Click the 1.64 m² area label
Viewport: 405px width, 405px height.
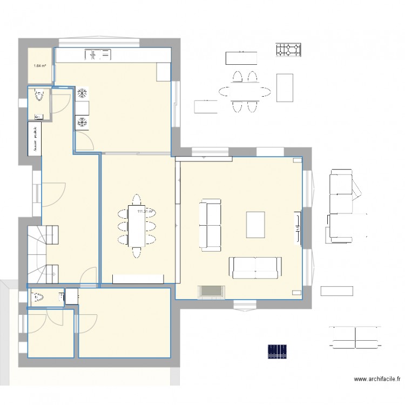pos(39,66)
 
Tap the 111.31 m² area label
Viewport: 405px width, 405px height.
pos(145,212)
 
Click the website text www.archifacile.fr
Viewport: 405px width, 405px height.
pos(379,380)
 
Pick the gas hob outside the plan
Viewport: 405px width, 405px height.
pos(289,50)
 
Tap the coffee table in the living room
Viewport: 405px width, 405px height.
pos(255,225)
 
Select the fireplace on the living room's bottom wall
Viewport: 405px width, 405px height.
pos(211,292)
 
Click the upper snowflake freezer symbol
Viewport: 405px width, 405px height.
pos(83,93)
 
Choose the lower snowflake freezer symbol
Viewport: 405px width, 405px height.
pos(83,123)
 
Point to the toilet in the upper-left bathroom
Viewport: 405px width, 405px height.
pos(39,96)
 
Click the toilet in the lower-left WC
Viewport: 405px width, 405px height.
pos(38,298)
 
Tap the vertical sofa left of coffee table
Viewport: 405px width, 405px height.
pos(211,226)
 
